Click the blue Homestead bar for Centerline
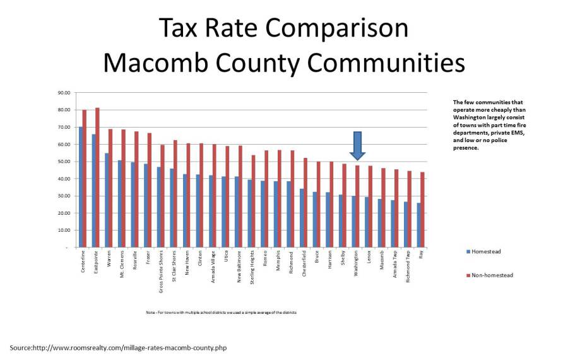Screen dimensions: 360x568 (x=81, y=187)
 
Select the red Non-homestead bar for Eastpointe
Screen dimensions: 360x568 (x=97, y=177)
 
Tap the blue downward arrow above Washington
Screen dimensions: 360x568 (x=357, y=145)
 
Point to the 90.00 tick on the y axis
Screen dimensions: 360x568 (x=64, y=93)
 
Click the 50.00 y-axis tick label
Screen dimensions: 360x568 (x=64, y=162)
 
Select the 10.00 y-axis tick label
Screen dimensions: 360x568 (x=64, y=230)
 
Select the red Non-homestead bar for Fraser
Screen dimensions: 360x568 (x=150, y=190)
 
